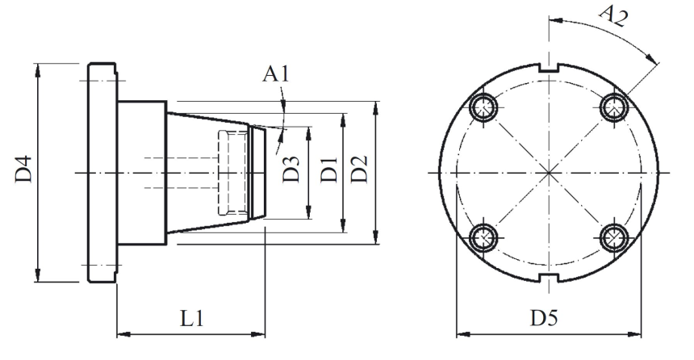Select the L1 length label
pyautogui.click(x=190, y=318)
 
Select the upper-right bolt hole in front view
pyautogui.click(x=615, y=105)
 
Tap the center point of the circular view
pyautogui.click(x=549, y=172)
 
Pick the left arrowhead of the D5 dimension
pyautogui.click(x=461, y=332)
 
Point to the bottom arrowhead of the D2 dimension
pyautogui.click(x=376, y=239)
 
